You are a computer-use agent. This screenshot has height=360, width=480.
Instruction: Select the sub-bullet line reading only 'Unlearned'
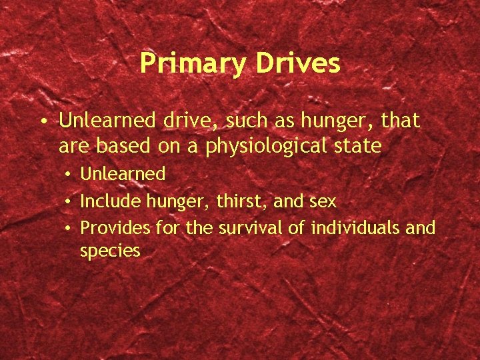[123, 174]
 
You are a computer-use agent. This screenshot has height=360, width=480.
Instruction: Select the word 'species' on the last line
[110, 251]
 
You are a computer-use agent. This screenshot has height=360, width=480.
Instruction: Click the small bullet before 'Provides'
[69, 229]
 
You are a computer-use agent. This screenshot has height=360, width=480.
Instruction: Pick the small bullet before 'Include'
[69, 201]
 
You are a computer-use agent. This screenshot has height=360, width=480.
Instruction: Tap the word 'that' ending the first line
[401, 121]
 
